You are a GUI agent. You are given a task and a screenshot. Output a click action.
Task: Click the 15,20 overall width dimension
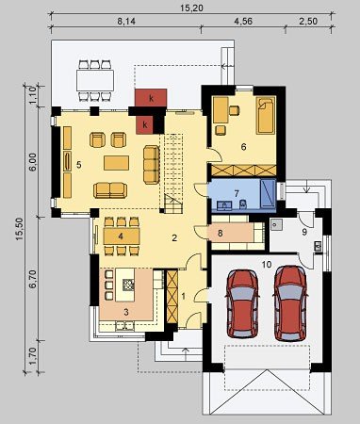pos(191,8)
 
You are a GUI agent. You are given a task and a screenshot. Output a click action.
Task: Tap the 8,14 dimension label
pos(126,22)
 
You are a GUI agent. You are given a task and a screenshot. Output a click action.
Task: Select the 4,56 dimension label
pos(243,22)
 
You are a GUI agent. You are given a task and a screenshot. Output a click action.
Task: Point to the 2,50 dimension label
pos(308,22)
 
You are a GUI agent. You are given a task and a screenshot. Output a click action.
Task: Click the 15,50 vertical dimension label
pos(19,229)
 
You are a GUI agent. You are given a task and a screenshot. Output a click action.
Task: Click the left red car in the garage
pos(243,303)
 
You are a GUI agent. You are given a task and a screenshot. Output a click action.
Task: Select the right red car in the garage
pos(290,303)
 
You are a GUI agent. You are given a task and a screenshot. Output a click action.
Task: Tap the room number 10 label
pos(267,265)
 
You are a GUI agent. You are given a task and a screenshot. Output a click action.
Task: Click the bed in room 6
pos(266,115)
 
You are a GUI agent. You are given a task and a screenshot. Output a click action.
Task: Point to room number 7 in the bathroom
pos(237,193)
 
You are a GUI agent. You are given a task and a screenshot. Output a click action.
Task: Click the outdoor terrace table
pos(95,80)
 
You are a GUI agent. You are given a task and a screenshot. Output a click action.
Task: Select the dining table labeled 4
pos(122,236)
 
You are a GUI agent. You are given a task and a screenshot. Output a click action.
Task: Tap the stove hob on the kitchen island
pos(129,285)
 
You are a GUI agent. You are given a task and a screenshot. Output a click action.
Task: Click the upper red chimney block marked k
pos(151,98)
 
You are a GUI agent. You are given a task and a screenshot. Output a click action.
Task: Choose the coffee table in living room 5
pos(116,163)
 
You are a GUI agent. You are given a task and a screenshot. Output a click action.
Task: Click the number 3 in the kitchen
pos(126,312)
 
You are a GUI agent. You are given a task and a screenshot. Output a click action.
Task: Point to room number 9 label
pos(304,232)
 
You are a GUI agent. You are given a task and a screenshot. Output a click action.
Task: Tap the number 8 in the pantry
pos(221,233)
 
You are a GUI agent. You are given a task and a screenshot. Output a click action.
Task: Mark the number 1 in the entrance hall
pos(184,296)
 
